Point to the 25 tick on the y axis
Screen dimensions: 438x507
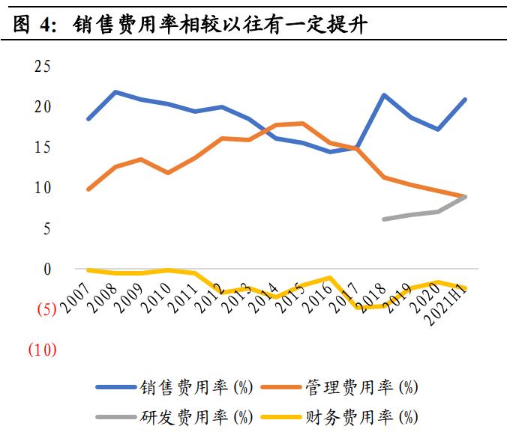[42, 66]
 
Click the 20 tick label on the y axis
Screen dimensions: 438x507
[42, 106]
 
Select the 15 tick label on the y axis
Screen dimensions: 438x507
[42, 147]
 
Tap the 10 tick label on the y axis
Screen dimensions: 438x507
[42, 187]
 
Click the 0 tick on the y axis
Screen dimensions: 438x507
[46, 268]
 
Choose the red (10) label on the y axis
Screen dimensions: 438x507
[42, 350]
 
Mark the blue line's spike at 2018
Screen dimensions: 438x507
[384, 95]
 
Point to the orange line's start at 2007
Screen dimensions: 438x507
[88, 189]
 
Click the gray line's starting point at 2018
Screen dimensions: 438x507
[384, 219]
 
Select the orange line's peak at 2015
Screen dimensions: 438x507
[302, 124]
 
